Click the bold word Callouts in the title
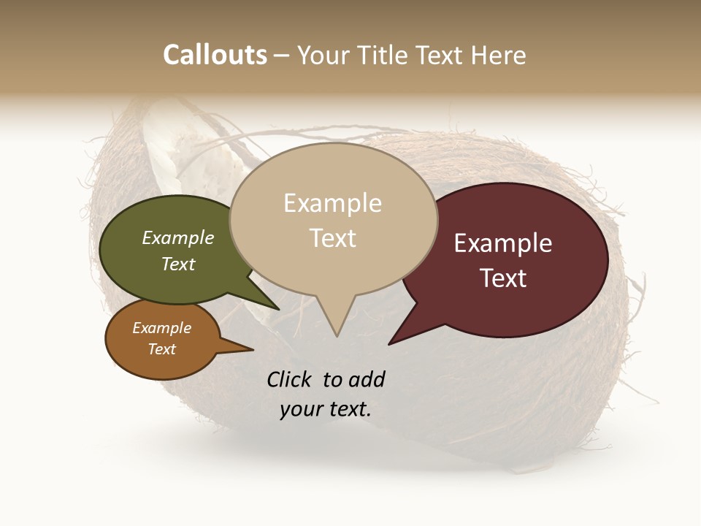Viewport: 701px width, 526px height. pyautogui.click(x=215, y=55)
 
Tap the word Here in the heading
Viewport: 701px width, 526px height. pyautogui.click(x=499, y=55)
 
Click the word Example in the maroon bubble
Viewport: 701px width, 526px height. pyautogui.click(x=503, y=243)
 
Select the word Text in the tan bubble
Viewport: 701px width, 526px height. pyautogui.click(x=332, y=238)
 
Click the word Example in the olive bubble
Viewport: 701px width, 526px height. pyautogui.click(x=177, y=238)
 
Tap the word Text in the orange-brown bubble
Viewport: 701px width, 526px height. pyautogui.click(x=161, y=349)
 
